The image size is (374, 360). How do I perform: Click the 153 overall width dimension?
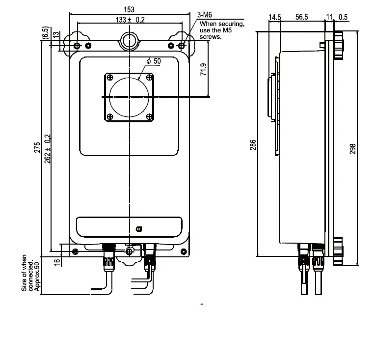pyautogui.click(x=130, y=9)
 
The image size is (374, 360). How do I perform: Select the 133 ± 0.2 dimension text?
pyautogui.click(x=130, y=19)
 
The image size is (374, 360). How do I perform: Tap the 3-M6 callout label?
pyautogui.click(x=205, y=16)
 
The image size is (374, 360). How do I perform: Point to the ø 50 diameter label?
pyautogui.click(x=154, y=61)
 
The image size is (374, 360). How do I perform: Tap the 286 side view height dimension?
pyautogui.click(x=253, y=145)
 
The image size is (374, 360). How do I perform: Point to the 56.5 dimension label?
pyautogui.click(x=301, y=17)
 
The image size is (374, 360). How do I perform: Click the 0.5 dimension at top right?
pyautogui.click(x=343, y=17)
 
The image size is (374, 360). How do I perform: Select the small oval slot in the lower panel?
pyautogui.click(x=139, y=229)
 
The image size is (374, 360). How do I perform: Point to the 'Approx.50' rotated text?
pyautogui.click(x=37, y=274)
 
